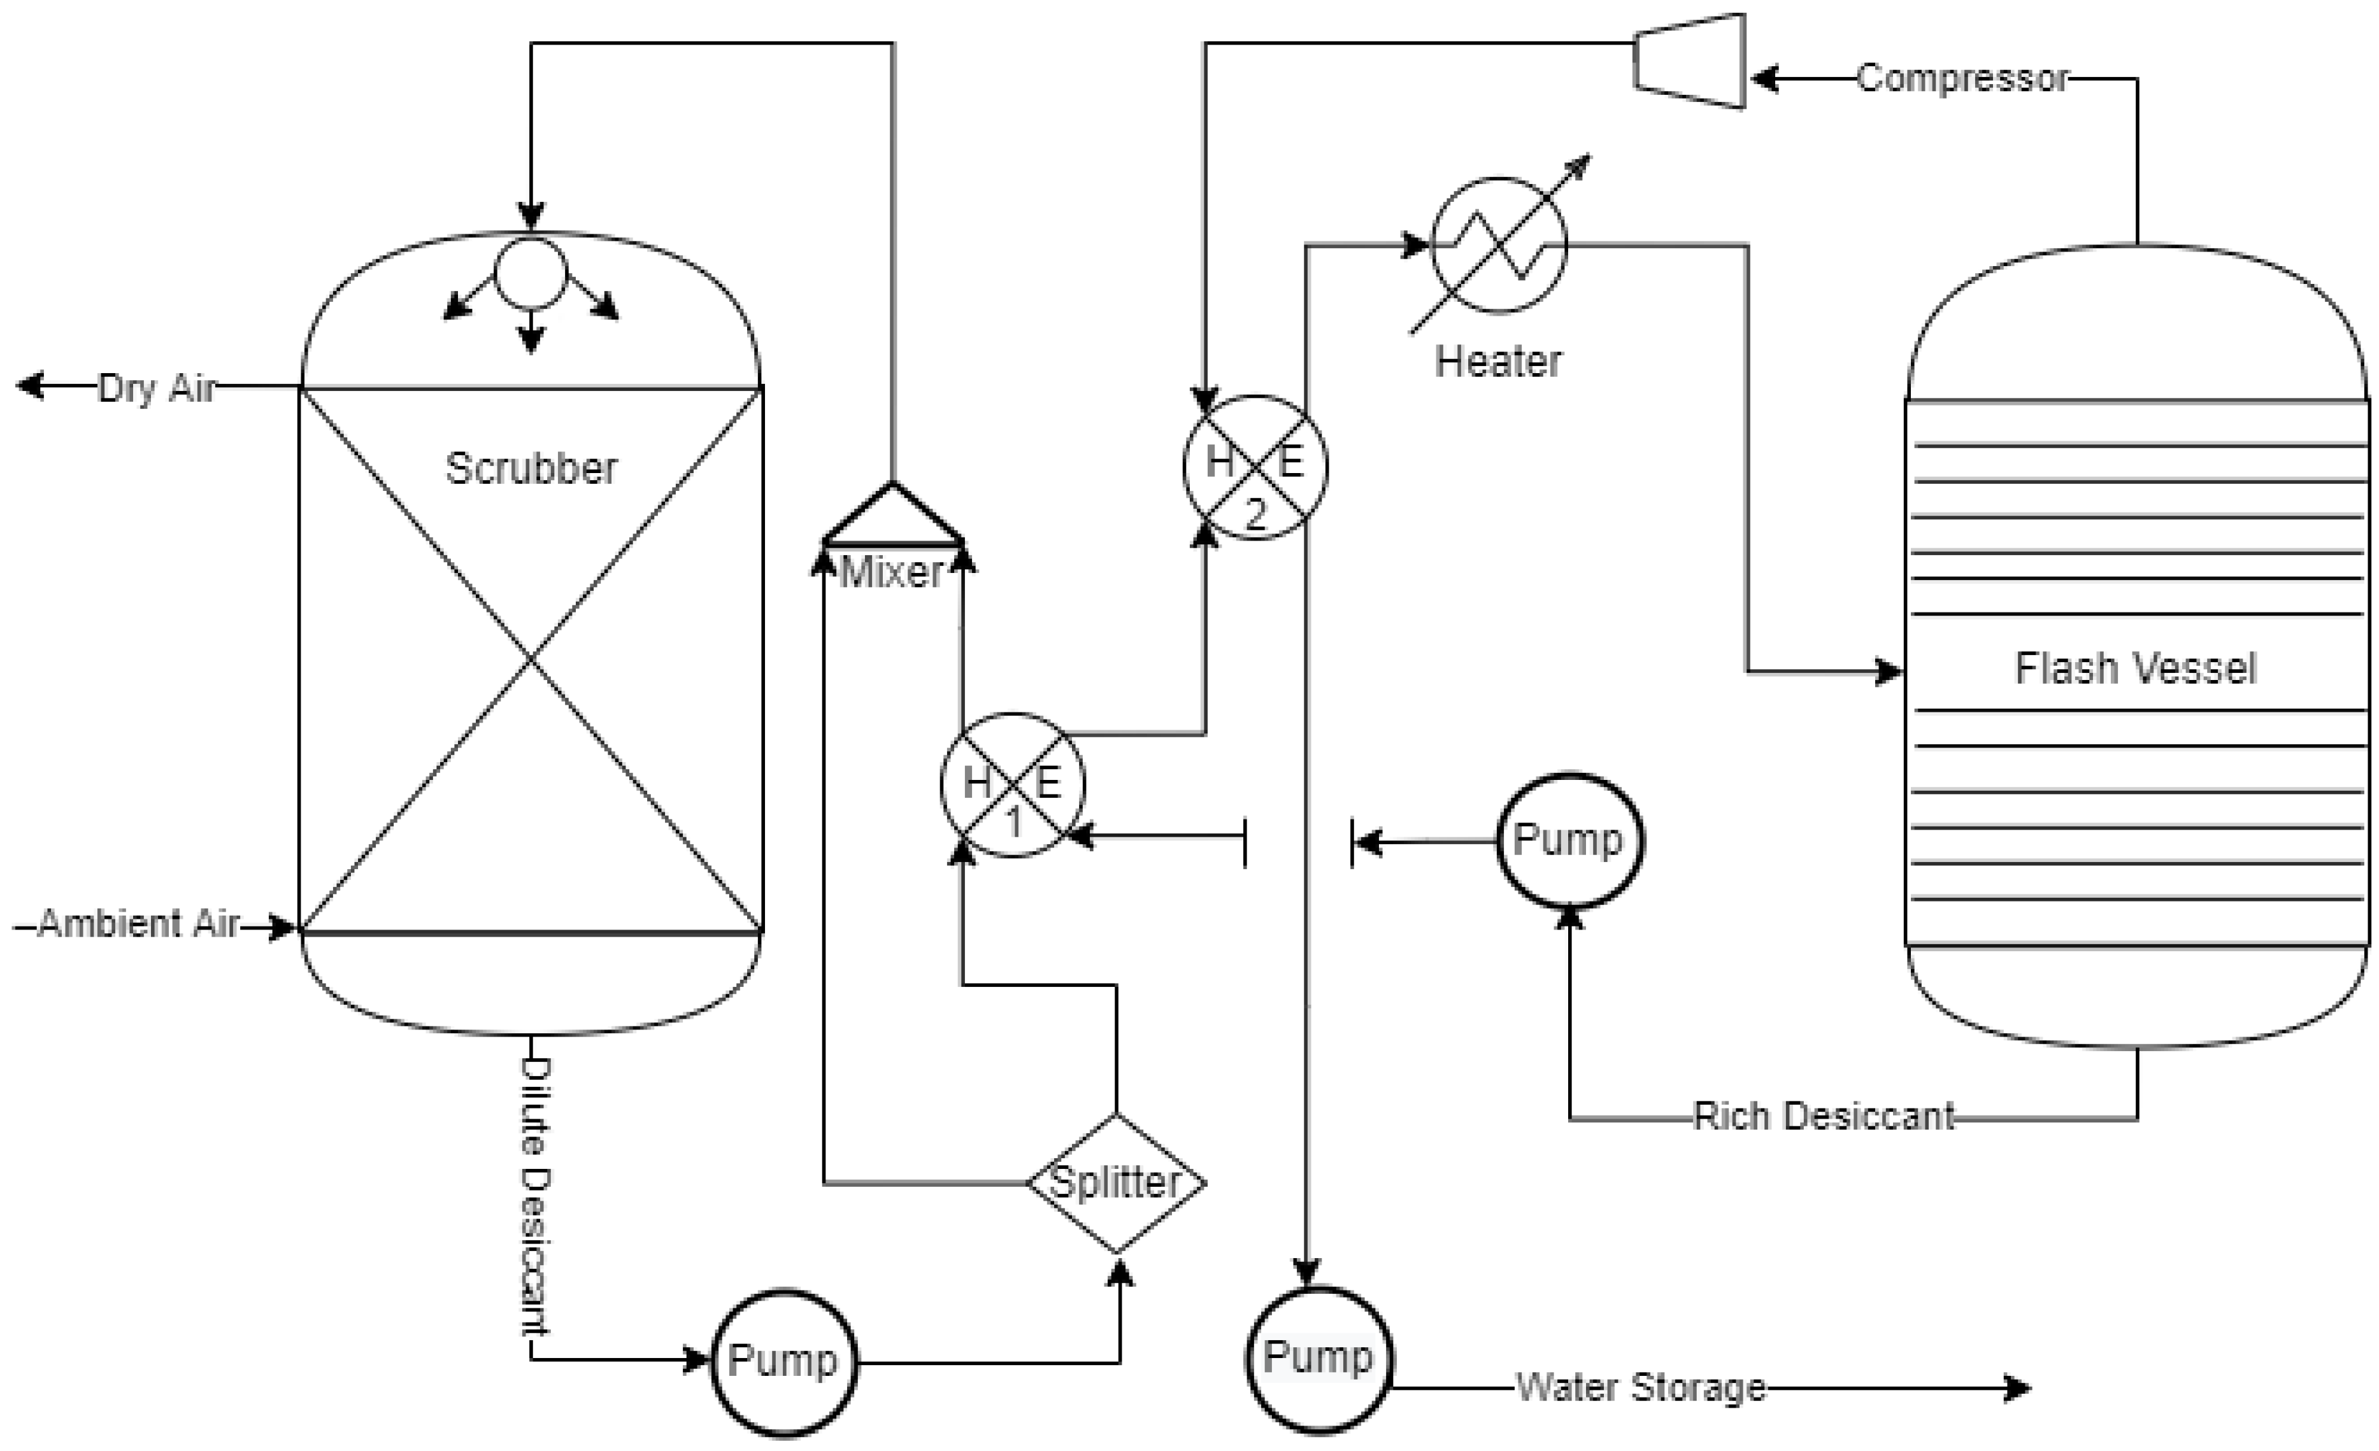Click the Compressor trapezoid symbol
tap(1690, 61)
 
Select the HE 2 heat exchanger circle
tap(1255, 467)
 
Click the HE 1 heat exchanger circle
tap(1013, 785)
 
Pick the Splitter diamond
tap(1116, 1184)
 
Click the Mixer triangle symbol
tap(892, 516)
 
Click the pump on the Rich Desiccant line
tap(1569, 840)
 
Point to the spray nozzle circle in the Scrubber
tap(530, 273)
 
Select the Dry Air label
tap(157, 388)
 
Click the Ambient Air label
tap(138, 924)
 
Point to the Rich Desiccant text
tap(1824, 1117)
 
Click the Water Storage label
tap(1640, 1387)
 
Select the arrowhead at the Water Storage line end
tap(2018, 1388)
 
